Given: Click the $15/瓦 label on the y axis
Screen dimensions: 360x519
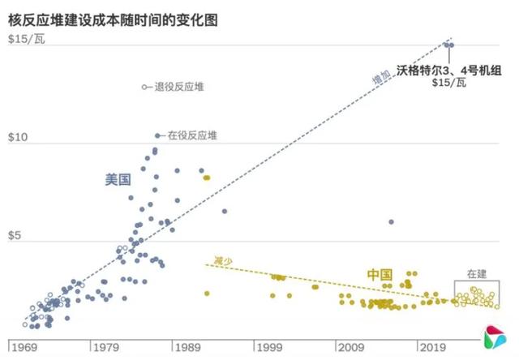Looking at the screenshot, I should point(28,40).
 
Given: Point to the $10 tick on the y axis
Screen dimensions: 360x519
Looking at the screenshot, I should point(17,139).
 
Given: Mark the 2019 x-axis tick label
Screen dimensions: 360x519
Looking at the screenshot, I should point(431,347).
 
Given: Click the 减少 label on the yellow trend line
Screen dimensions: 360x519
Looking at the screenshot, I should point(222,260).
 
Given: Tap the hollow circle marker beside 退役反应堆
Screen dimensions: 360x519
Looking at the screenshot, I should point(144,87).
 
